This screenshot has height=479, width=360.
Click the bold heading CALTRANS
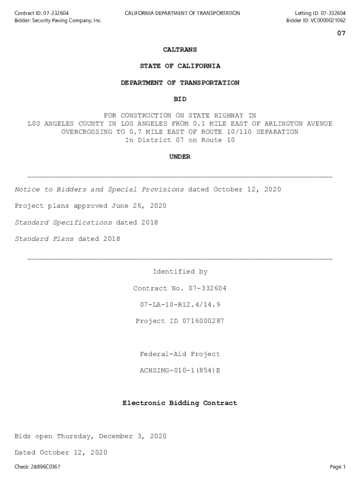pyautogui.click(x=180, y=50)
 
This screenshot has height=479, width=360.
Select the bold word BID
pyautogui.click(x=180, y=99)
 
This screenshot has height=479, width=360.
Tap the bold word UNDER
pyautogui.click(x=180, y=157)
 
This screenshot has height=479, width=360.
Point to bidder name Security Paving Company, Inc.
pyautogui.click(x=66, y=21)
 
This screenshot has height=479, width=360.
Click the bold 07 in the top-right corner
pyautogui.click(x=341, y=34)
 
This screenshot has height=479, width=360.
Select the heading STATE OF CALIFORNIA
pyautogui.click(x=180, y=66)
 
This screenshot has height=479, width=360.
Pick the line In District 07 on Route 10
pyautogui.click(x=180, y=140)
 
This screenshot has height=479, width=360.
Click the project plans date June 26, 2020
pyautogui.click(x=138, y=206)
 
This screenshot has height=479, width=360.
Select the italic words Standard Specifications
pyautogui.click(x=63, y=223)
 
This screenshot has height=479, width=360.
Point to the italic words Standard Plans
pyautogui.click(x=44, y=239)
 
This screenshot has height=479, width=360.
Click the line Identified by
pyautogui.click(x=180, y=272)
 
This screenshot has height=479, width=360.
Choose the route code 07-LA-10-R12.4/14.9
pyautogui.click(x=180, y=305)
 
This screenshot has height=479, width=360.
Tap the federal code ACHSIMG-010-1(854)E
pyautogui.click(x=180, y=370)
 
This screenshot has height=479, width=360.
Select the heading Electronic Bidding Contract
pyautogui.click(x=180, y=403)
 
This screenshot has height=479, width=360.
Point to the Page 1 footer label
pyautogui.click(x=338, y=467)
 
